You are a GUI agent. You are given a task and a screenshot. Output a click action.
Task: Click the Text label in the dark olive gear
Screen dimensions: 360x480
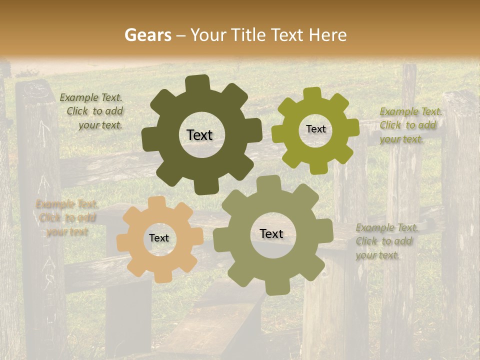[199, 135]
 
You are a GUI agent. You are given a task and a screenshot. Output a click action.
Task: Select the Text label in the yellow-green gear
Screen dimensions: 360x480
[315, 129]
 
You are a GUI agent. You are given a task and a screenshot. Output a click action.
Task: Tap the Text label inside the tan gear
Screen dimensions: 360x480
[159, 238]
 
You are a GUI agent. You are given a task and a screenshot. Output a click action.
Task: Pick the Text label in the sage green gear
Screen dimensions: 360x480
[271, 234]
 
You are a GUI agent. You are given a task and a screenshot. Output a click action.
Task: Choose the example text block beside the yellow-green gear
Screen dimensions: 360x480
[410, 125]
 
